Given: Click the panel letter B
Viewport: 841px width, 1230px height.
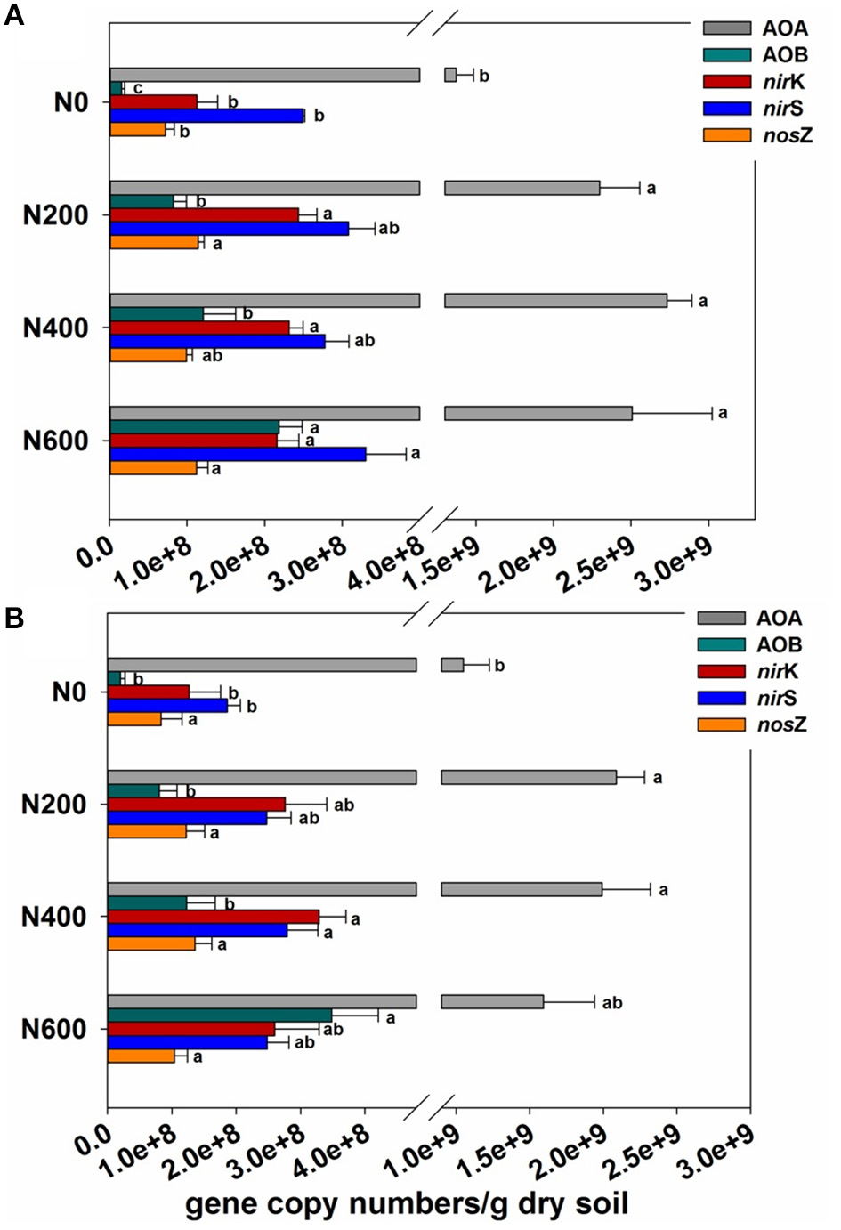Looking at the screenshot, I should (13, 617).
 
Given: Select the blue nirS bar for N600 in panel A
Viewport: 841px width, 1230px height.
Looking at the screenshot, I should (238, 454).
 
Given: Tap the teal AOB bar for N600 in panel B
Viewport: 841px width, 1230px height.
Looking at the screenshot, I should (219, 1016).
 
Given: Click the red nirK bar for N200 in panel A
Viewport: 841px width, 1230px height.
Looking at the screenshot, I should (204, 214).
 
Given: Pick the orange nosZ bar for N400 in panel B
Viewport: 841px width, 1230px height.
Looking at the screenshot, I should (151, 943).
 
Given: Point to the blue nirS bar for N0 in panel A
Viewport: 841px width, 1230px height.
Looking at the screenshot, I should (206, 116).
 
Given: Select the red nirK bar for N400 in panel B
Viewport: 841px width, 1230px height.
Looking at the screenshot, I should (213, 917).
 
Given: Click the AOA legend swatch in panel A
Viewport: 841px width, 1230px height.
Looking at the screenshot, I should (726, 28).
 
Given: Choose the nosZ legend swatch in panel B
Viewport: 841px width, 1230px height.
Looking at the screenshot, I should (721, 724).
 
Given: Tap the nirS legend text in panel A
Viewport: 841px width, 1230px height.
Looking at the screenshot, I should (783, 109).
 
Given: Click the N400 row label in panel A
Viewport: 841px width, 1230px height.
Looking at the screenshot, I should (55, 328).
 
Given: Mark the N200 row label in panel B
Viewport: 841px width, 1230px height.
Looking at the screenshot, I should (53, 805).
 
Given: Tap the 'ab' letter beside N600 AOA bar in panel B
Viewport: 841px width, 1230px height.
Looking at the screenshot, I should (612, 1003).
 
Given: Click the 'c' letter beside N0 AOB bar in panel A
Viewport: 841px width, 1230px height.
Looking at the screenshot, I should (137, 88).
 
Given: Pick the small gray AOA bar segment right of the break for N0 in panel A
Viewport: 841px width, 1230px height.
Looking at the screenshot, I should (450, 75).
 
